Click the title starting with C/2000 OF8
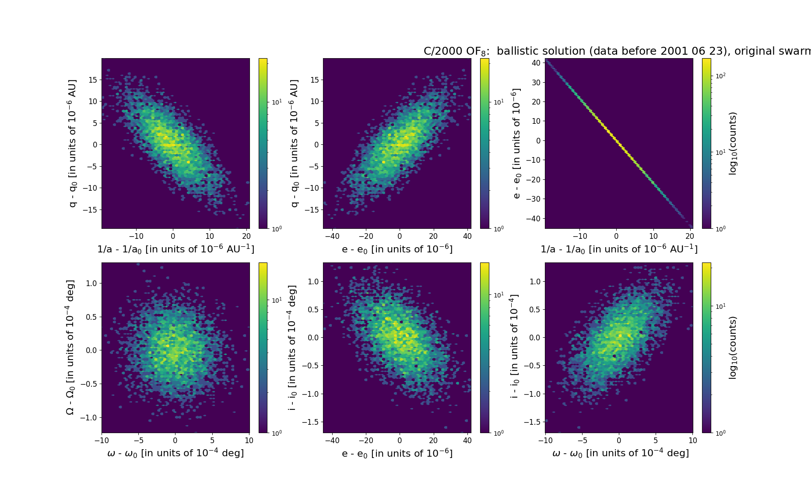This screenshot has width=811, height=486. pos(617,51)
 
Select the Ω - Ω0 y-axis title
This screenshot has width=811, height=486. pos(70,347)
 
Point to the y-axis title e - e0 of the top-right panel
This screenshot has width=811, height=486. pos(516,143)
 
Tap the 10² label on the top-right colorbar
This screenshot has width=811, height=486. pos(720,76)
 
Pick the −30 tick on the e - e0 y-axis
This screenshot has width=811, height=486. pos(534,199)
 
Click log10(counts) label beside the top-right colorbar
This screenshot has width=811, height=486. pos(733,143)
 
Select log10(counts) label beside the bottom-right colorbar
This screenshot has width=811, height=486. pos(733,348)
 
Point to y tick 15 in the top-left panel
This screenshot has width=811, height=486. pos(92,80)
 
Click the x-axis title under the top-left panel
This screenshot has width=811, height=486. pos(176,249)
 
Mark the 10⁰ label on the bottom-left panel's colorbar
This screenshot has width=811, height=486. pos(277,433)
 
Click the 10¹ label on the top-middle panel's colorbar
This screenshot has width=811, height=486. pos(498,102)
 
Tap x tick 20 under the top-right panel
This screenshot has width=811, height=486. pos(690,237)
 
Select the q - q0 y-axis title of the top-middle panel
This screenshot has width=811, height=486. pos(295,143)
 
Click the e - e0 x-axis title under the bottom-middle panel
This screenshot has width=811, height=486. pos(397,453)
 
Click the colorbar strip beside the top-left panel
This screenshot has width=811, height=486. pos(263,143)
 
